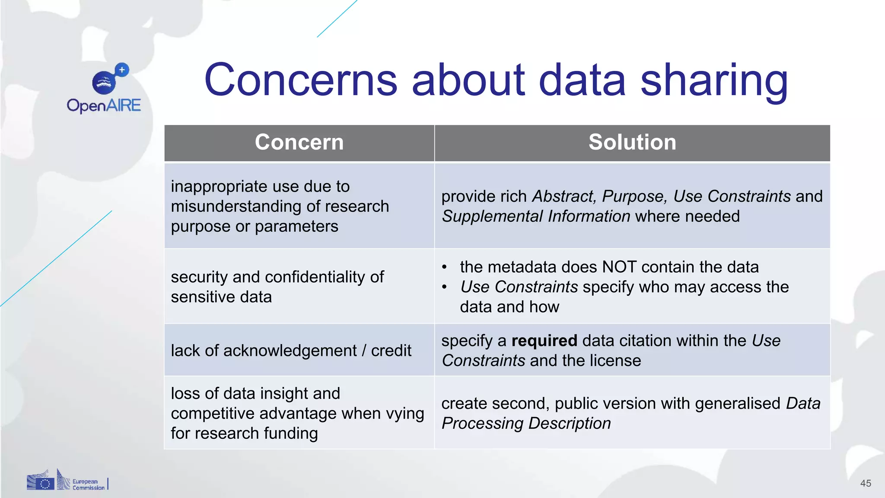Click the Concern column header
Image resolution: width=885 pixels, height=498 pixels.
(x=299, y=142)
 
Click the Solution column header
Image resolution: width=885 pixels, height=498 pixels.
(x=632, y=142)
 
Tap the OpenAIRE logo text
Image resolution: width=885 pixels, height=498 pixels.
(x=104, y=105)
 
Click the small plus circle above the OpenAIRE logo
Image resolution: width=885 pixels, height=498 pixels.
(x=122, y=70)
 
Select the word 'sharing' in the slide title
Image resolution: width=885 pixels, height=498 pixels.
(x=714, y=80)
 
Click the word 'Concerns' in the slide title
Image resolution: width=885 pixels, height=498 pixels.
(x=300, y=80)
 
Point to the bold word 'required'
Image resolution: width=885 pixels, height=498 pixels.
(x=544, y=341)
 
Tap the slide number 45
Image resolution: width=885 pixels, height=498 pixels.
(x=866, y=483)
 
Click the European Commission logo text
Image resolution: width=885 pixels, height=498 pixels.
(x=88, y=485)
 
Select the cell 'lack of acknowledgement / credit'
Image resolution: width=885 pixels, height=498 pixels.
(x=291, y=351)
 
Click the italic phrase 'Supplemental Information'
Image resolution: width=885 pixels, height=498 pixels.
(x=536, y=216)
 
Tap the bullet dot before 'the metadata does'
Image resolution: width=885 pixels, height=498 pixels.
(x=444, y=267)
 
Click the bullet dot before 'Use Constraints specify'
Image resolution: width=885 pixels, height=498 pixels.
(x=444, y=287)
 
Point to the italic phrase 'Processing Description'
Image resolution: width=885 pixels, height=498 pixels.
(x=526, y=423)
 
